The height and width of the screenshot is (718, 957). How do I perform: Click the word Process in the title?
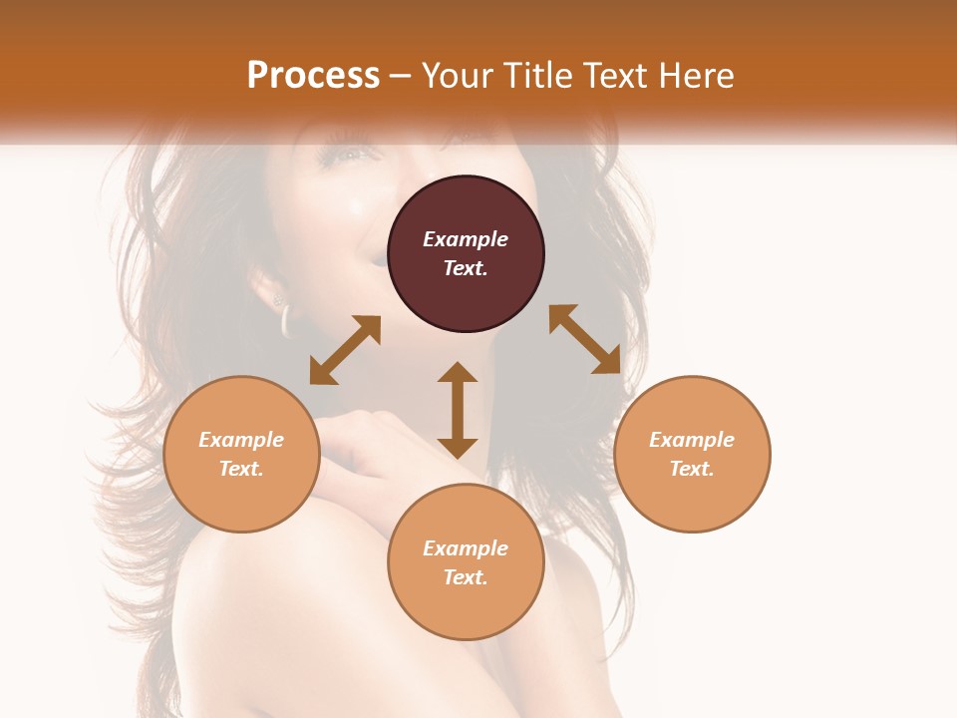[x=313, y=76]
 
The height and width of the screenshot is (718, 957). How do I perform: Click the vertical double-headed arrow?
[x=458, y=410]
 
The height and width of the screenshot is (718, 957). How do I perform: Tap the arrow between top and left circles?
[x=345, y=350]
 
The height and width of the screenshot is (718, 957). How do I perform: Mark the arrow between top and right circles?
[x=584, y=339]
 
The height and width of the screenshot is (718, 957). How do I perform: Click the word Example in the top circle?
[x=466, y=239]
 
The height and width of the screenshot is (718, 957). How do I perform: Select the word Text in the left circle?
[x=241, y=469]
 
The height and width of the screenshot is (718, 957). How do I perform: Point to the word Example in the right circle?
[x=692, y=440]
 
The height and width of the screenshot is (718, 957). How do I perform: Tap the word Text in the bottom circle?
[x=466, y=577]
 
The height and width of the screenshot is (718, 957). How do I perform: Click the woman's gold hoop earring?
[x=286, y=319]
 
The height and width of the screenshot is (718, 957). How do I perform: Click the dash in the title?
[x=401, y=76]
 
